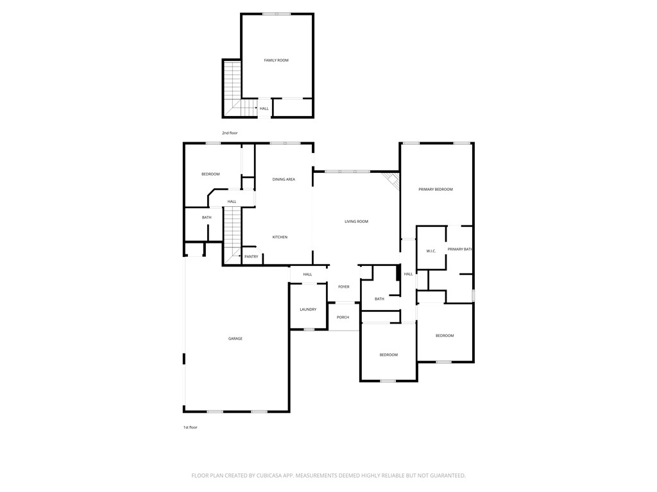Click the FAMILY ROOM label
point(276,60)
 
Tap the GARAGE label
point(235,338)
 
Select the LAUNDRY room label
point(308,309)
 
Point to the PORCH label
point(343,317)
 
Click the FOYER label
point(344,287)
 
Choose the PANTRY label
point(252,257)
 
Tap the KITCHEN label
point(280,237)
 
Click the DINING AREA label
point(284,179)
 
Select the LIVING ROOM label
point(356,222)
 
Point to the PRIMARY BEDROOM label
point(436,190)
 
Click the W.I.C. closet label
point(431,250)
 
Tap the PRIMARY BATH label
point(460,249)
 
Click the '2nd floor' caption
point(230,133)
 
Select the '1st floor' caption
point(191,427)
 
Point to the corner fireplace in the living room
point(391,180)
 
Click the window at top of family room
point(277,14)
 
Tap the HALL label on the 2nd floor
point(264,108)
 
